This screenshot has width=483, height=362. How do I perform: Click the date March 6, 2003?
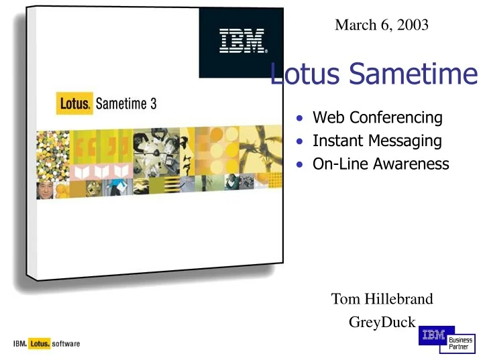coord(382,25)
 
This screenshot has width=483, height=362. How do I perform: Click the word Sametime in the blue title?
coord(413,74)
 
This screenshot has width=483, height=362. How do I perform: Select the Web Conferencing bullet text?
coord(378,118)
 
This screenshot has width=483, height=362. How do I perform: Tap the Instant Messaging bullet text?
coord(377,141)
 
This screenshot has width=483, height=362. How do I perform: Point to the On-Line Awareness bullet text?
coord(380,164)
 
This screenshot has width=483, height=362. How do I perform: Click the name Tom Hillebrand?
coord(382,299)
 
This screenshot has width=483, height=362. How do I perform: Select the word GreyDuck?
coord(382,322)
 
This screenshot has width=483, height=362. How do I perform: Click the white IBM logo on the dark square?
coord(242,42)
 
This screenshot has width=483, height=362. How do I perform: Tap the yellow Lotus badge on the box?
coord(74,104)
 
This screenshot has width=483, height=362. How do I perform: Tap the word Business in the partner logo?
coord(460,340)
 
